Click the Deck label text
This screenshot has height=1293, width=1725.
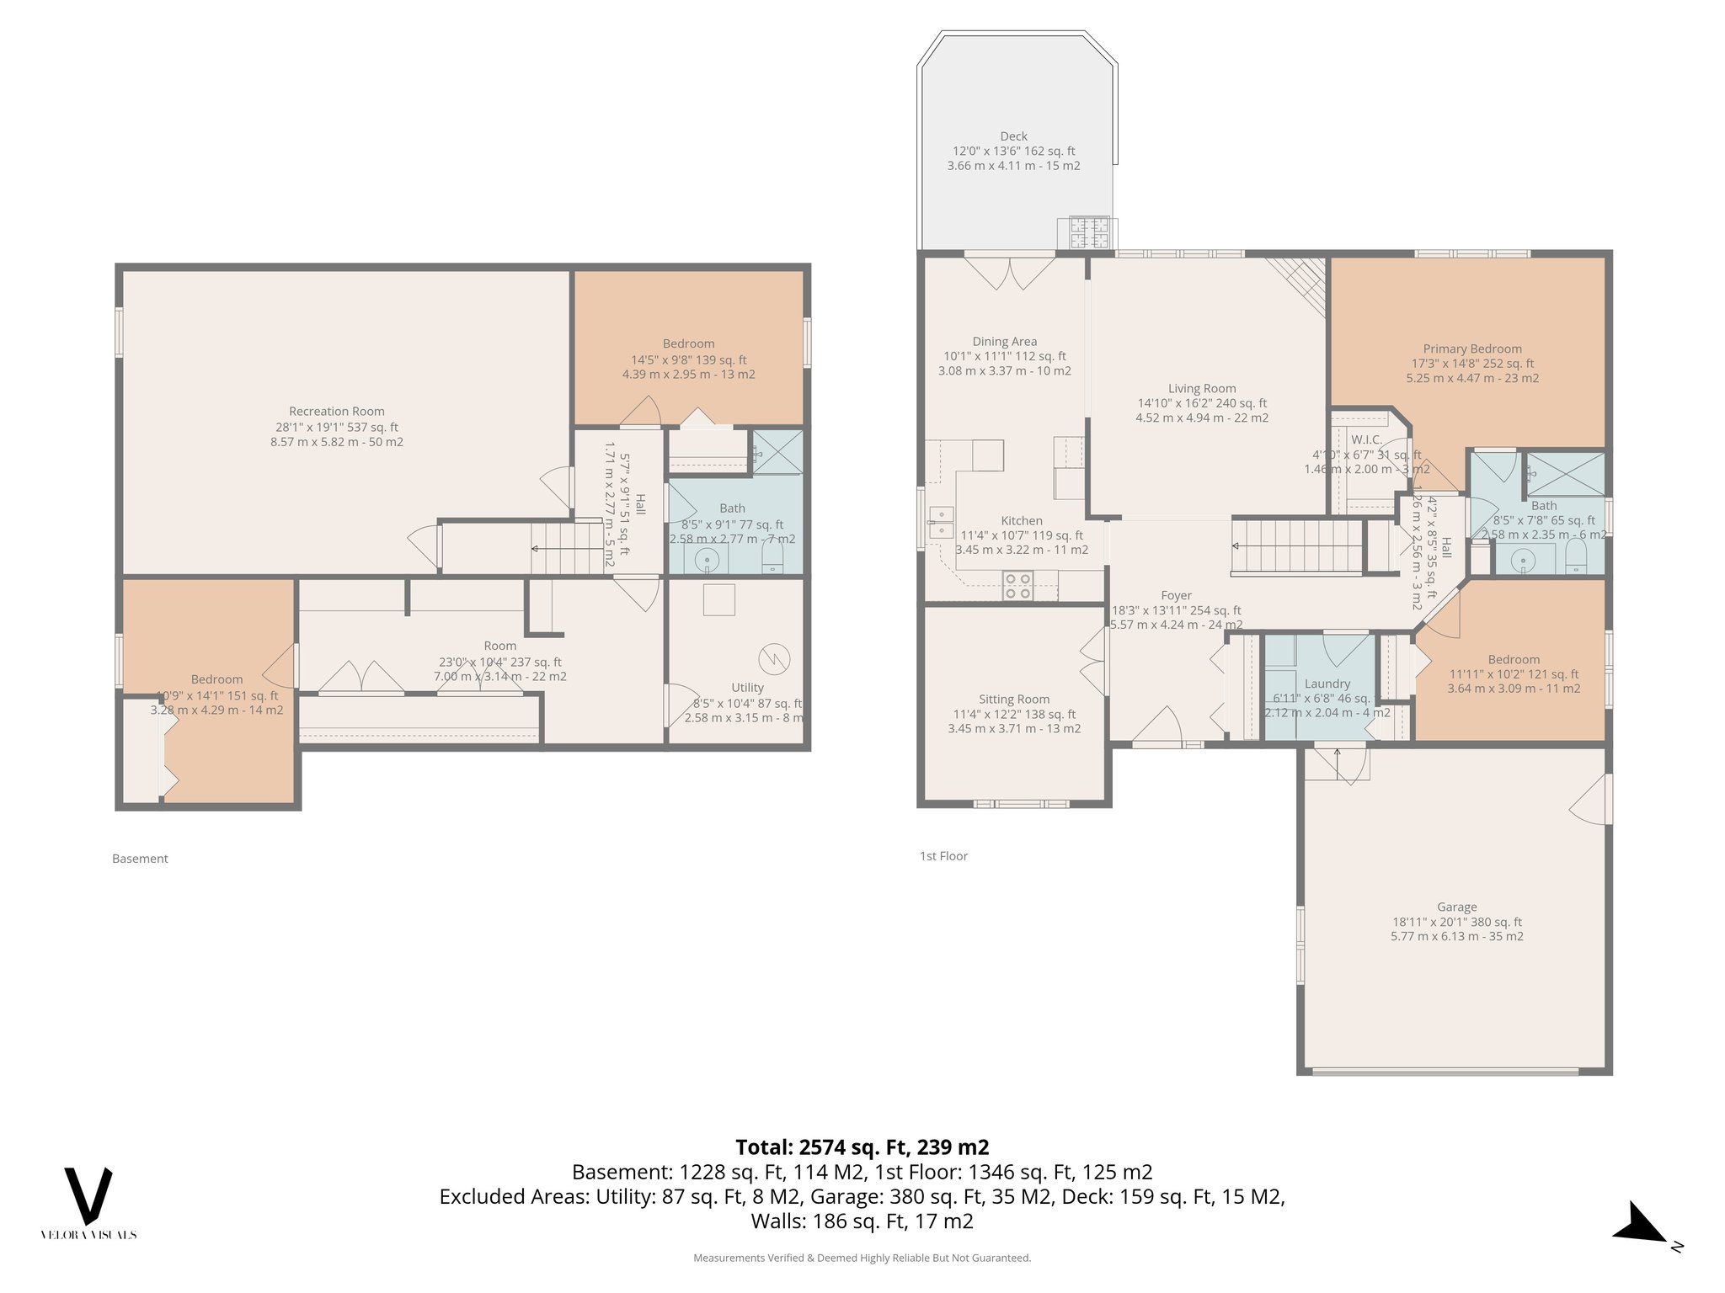tap(1013, 136)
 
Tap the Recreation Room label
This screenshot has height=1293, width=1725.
tap(336, 412)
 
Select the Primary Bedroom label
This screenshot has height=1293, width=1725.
tap(1471, 349)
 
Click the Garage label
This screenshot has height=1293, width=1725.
tap(1456, 907)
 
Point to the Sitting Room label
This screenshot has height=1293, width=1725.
tap(1014, 700)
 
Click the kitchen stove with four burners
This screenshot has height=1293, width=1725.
tap(1017, 586)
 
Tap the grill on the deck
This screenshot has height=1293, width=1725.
tap(1089, 233)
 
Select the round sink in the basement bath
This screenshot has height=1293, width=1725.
tap(707, 559)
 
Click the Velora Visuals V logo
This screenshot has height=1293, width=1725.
tap(88, 1195)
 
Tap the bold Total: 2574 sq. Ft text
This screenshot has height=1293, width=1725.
tap(862, 1147)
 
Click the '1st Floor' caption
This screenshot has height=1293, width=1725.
tap(943, 856)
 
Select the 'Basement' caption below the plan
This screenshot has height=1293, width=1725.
tap(140, 859)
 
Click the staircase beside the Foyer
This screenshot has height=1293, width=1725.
tap(1297, 547)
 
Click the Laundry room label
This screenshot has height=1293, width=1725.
tap(1327, 684)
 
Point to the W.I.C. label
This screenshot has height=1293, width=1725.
tap(1366, 440)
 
